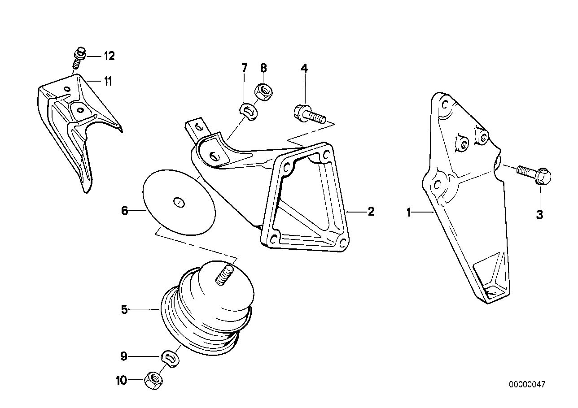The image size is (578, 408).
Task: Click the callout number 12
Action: [109, 56]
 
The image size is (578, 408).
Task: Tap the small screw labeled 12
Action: [79, 57]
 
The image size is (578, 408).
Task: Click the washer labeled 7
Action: [246, 110]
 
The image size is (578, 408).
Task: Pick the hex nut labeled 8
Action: [263, 92]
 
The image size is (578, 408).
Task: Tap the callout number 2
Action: [371, 211]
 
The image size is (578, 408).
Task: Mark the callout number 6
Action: [125, 210]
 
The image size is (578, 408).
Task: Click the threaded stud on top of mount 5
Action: [224, 274]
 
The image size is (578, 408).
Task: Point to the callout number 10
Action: [122, 381]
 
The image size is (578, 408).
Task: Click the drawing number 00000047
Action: [527, 384]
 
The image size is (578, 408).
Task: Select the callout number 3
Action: [539, 215]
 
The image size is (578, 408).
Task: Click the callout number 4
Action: [304, 68]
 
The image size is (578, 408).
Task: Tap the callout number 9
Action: [124, 357]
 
